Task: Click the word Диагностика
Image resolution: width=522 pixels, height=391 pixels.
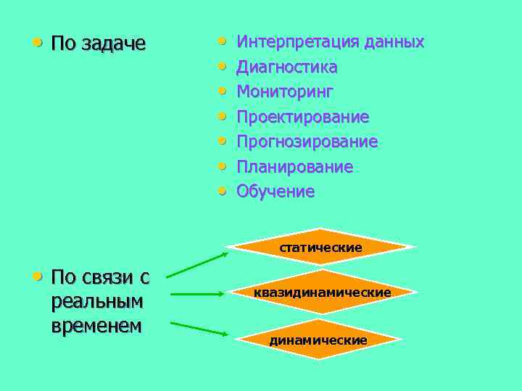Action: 287,67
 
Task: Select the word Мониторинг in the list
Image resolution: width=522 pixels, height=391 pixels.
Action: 285,92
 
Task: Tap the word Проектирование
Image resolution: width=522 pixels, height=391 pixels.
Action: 303,117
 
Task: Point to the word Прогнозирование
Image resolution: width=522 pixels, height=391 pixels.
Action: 307,142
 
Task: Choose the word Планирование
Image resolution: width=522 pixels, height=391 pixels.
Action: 295,167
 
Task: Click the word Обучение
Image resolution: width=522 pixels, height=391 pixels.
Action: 275,192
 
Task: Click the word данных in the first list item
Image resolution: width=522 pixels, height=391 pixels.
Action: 394,42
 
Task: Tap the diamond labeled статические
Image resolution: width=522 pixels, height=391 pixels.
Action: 321,247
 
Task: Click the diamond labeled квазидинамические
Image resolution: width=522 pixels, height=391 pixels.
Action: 322,293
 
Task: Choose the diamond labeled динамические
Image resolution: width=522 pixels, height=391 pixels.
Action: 318,340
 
